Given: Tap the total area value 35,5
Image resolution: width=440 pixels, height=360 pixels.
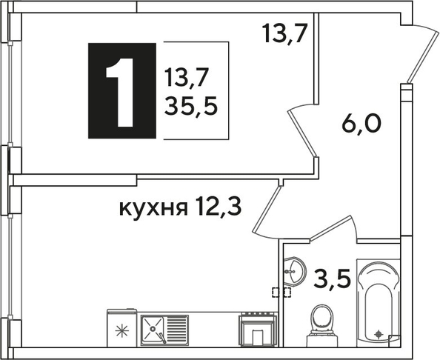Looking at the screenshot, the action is (x=191, y=107).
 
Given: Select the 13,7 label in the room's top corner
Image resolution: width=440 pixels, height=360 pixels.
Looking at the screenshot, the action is (x=285, y=33).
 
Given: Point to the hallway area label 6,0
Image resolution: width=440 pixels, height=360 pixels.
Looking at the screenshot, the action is (x=361, y=124).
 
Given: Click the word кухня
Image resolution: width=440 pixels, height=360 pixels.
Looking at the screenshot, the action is (x=153, y=208).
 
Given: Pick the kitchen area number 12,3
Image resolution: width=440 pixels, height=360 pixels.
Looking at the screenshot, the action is (x=219, y=206).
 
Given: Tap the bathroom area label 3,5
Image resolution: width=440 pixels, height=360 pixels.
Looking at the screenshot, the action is (x=332, y=279).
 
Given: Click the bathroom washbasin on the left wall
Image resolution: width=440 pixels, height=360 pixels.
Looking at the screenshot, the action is (x=293, y=271).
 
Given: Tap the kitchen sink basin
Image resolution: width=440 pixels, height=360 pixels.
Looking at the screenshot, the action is (x=153, y=329).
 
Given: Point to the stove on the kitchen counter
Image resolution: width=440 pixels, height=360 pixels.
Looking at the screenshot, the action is (x=258, y=329).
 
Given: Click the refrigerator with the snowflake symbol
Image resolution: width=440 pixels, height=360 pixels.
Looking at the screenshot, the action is (x=122, y=327).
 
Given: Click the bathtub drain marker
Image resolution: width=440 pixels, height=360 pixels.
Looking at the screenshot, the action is (x=379, y=334).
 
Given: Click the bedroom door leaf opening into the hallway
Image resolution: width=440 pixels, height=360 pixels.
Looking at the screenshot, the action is (x=302, y=133).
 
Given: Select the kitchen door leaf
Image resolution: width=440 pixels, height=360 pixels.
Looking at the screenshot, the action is (x=267, y=210).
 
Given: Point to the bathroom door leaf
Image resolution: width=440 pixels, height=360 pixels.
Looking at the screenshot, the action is (x=330, y=228).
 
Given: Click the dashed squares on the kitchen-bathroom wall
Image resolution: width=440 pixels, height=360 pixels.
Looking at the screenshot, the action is (x=281, y=293).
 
